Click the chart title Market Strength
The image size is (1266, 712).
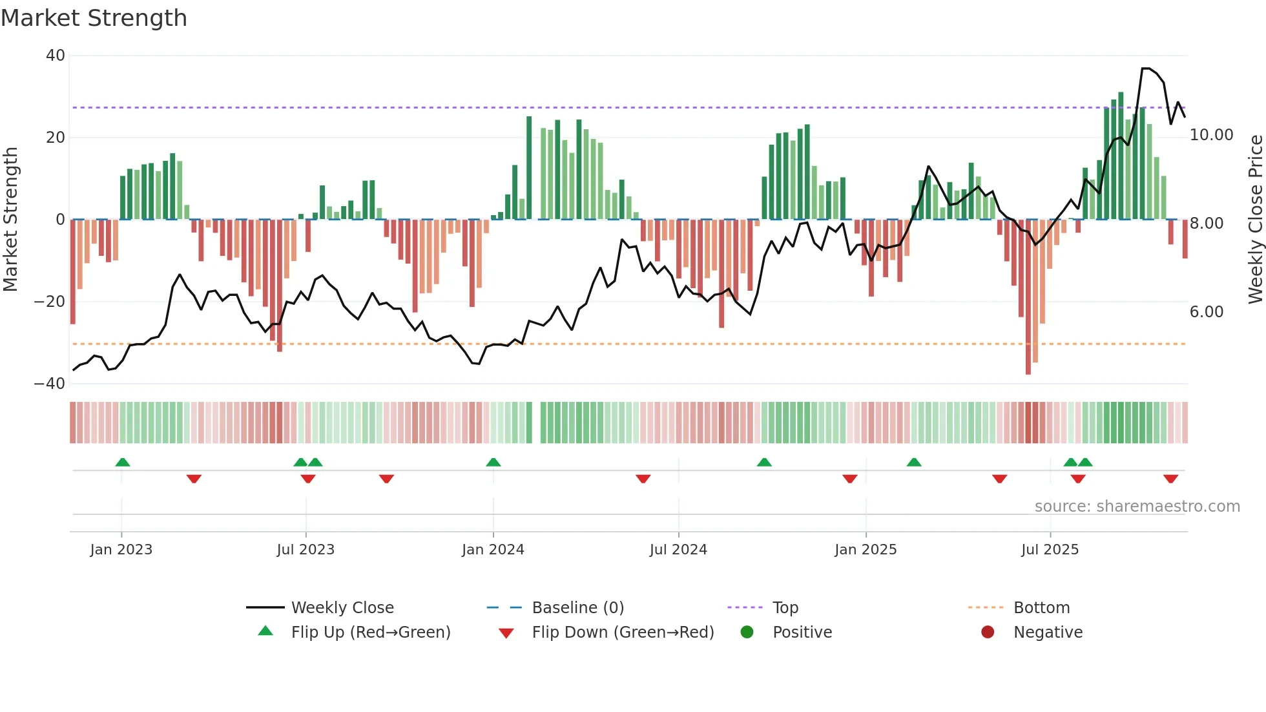pyautogui.click(x=94, y=18)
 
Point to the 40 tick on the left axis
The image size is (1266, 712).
pyautogui.click(x=56, y=56)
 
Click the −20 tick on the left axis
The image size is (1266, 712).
pyautogui.click(x=50, y=302)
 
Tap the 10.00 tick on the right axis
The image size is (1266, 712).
pyautogui.click(x=1211, y=135)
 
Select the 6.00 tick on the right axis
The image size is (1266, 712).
pyautogui.click(x=1206, y=312)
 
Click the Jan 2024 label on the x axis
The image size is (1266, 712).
pyautogui.click(x=493, y=550)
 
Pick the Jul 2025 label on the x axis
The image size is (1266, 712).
pyautogui.click(x=1050, y=550)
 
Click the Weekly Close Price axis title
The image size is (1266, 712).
pyautogui.click(x=1255, y=220)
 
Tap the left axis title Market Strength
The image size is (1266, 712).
pyautogui.click(x=10, y=220)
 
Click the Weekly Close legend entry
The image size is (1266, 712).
pyautogui.click(x=342, y=608)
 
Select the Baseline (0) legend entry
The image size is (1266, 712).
pyautogui.click(x=577, y=608)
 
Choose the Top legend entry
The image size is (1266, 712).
pyautogui.click(x=785, y=608)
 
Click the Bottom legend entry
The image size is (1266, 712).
pyautogui.click(x=1041, y=608)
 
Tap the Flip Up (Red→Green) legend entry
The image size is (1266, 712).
pyautogui.click(x=370, y=633)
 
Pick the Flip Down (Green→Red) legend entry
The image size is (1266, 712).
pyautogui.click(x=622, y=633)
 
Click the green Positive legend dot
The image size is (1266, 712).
pyautogui.click(x=747, y=633)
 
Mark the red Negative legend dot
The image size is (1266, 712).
pyautogui.click(x=988, y=633)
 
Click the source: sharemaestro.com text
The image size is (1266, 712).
pyautogui.click(x=1137, y=507)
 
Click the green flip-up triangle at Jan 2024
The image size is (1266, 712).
pyautogui.click(x=493, y=462)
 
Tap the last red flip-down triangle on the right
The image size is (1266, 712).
pyautogui.click(x=1170, y=479)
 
